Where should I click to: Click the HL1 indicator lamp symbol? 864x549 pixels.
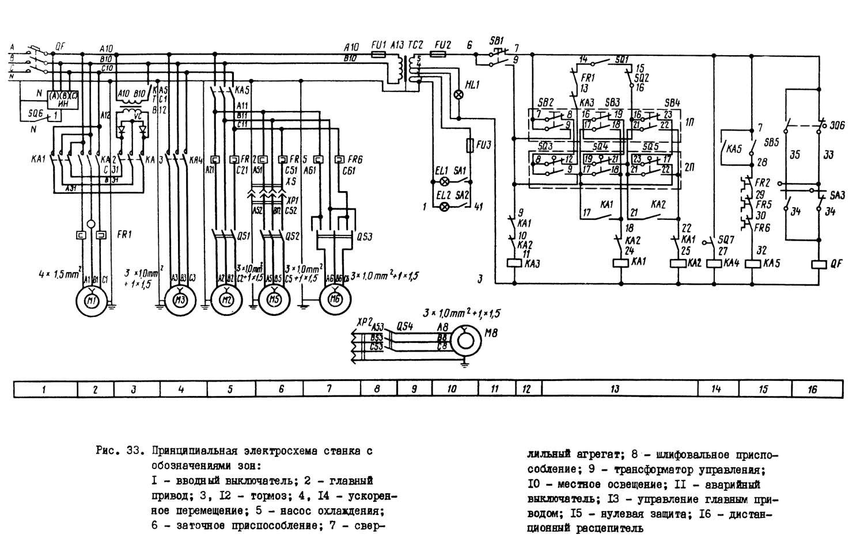click(x=460, y=94)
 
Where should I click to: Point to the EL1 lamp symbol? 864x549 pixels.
click(x=444, y=181)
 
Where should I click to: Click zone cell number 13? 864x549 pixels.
click(x=615, y=390)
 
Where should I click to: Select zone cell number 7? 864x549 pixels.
click(x=329, y=390)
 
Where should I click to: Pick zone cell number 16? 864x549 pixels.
click(x=812, y=390)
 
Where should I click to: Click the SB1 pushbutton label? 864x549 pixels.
click(x=496, y=40)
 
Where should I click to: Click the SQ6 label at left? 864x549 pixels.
click(x=36, y=115)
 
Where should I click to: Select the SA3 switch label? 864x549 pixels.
click(x=838, y=196)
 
